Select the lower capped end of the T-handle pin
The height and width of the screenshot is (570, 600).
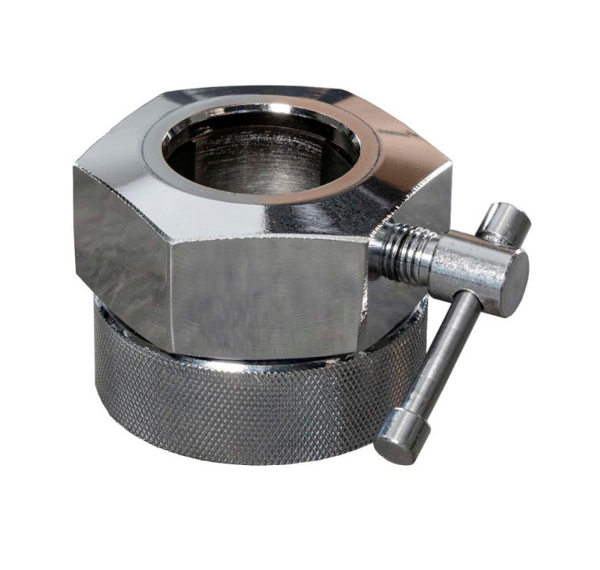click(x=397, y=447)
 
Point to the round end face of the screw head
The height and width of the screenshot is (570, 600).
click(x=511, y=274)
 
